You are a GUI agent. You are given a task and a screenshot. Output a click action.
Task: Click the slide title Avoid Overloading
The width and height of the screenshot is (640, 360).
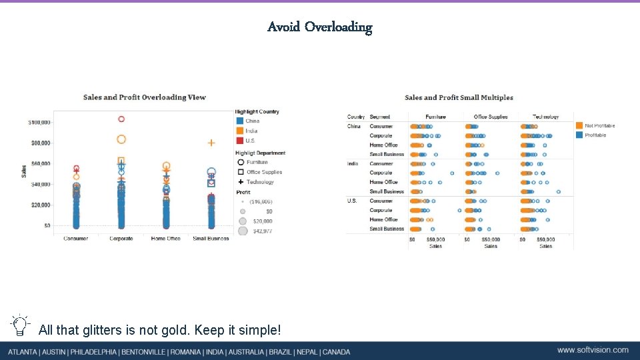pyautogui.click(x=319, y=27)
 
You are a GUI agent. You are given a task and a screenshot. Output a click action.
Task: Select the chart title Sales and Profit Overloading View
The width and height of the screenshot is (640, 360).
pyautogui.click(x=145, y=97)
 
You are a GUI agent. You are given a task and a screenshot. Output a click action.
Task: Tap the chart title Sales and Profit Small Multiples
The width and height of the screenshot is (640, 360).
pyautogui.click(x=459, y=98)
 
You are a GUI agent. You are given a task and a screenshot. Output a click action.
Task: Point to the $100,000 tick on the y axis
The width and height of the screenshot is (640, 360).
pyautogui.click(x=39, y=123)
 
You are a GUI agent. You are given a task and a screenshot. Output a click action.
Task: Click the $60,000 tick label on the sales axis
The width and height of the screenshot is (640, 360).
pyautogui.click(x=39, y=163)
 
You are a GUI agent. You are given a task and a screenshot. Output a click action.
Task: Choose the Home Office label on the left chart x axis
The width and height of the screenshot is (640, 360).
pyautogui.click(x=166, y=239)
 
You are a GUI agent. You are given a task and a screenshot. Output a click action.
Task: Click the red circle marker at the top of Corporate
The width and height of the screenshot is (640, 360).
pyautogui.click(x=121, y=119)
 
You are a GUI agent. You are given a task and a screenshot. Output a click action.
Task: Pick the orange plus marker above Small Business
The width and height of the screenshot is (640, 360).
pyautogui.click(x=211, y=143)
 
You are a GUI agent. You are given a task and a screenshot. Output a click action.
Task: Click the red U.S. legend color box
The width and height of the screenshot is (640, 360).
pyautogui.click(x=239, y=141)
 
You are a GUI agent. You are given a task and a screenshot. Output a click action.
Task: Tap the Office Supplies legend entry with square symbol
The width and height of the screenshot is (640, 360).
pyautogui.click(x=264, y=172)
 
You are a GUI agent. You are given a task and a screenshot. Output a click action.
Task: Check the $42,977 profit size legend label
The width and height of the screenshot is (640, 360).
pyautogui.click(x=262, y=231)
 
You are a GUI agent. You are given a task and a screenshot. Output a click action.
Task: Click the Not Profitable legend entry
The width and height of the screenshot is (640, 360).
pyautogui.click(x=599, y=125)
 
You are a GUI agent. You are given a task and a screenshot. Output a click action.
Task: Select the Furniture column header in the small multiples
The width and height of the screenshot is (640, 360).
pyautogui.click(x=435, y=117)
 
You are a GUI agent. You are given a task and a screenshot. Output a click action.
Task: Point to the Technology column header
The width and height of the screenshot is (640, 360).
pyautogui.click(x=545, y=117)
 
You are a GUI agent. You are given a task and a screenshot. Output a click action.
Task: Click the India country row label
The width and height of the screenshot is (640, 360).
pyautogui.click(x=353, y=163)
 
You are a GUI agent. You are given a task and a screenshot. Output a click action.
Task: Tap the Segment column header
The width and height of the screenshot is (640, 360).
pyautogui.click(x=379, y=117)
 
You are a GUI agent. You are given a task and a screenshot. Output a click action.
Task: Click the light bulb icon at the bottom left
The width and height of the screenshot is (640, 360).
pyautogui.click(x=20, y=325)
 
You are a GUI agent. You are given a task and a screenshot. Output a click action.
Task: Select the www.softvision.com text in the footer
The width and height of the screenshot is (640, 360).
pyautogui.click(x=593, y=350)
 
